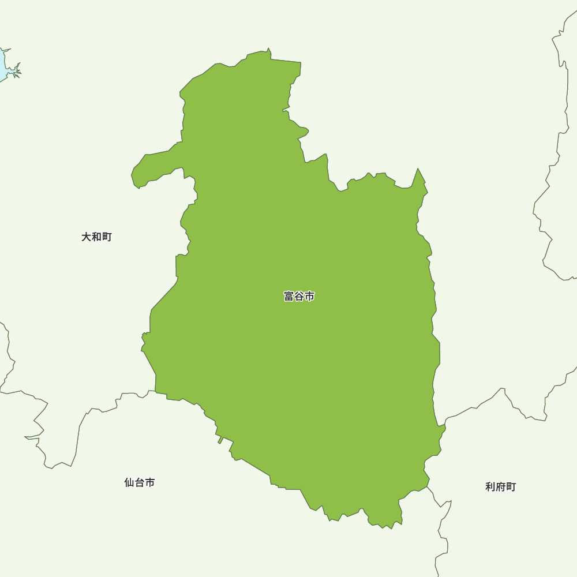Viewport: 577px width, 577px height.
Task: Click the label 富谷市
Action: click(x=299, y=297)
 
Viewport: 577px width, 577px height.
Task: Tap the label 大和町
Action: click(x=96, y=237)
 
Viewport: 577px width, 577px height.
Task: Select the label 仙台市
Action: click(x=139, y=482)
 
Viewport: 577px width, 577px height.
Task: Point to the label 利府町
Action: click(x=500, y=487)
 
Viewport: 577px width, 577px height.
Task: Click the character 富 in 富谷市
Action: click(x=288, y=297)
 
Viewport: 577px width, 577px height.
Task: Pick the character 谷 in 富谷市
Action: click(x=299, y=297)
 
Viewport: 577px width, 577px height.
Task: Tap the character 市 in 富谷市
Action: click(x=310, y=297)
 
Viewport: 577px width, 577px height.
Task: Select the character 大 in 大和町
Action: click(x=86, y=237)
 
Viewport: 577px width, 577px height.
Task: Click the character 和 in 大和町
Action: click(x=96, y=237)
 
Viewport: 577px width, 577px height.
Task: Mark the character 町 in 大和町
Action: click(x=107, y=237)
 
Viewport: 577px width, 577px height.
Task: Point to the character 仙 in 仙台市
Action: click(x=129, y=482)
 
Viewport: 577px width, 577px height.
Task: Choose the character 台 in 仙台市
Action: click(x=139, y=482)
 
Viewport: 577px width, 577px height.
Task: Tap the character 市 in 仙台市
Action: click(x=150, y=482)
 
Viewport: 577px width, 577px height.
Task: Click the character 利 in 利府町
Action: click(x=490, y=487)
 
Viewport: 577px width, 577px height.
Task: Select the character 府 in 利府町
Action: click(x=500, y=487)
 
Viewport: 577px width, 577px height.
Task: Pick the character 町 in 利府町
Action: click(x=511, y=487)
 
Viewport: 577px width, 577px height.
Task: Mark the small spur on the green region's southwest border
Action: click(x=220, y=441)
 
